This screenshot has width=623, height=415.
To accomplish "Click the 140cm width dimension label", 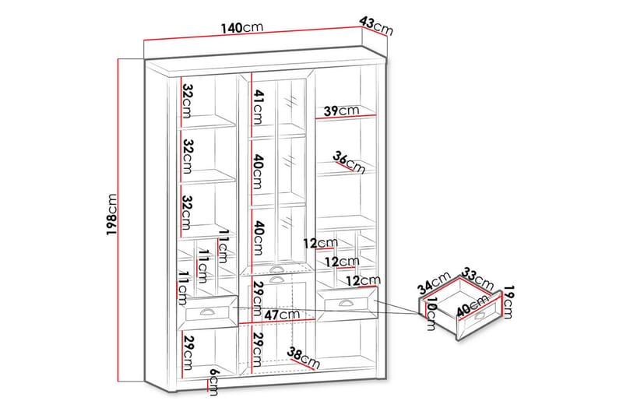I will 241,28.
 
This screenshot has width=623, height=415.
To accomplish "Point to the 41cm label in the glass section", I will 258,105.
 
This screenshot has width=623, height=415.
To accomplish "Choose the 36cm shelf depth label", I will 348,162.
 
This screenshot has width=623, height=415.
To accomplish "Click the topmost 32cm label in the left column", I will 188,100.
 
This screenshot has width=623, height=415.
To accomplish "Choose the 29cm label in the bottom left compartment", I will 188,353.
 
